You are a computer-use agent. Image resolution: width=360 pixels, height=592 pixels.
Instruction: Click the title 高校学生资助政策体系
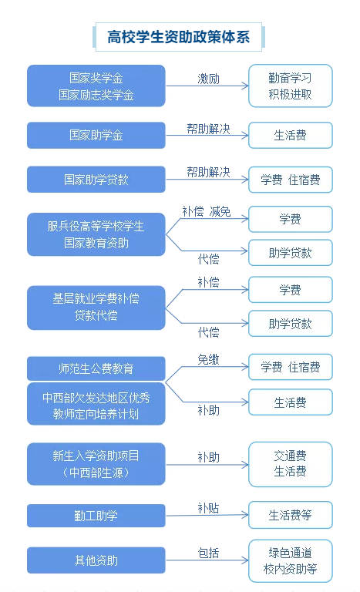[x=178, y=37]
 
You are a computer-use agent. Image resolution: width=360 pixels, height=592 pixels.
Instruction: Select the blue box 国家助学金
[x=96, y=135]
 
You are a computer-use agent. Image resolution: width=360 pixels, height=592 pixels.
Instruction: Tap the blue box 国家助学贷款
[x=96, y=180]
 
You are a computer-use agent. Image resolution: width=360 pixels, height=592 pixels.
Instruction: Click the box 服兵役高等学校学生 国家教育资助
[x=96, y=234]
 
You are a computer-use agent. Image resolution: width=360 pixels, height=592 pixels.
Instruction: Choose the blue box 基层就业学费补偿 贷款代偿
[x=96, y=308]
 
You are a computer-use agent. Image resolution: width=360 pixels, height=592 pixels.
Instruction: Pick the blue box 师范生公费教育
[x=96, y=368]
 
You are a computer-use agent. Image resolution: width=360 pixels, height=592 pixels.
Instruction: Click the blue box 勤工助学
[x=96, y=516]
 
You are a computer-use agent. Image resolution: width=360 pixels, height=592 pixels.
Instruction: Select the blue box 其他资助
[x=96, y=560]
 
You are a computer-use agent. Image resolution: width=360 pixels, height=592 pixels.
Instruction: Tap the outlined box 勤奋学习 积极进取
[x=290, y=86]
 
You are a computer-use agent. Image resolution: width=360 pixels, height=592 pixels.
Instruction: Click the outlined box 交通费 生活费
[x=290, y=464]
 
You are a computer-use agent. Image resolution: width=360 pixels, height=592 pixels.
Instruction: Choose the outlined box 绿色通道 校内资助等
[x=290, y=560]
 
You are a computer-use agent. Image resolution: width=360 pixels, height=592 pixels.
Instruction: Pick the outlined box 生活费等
[x=290, y=515]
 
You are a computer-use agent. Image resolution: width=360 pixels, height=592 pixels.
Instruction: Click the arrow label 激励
[x=208, y=79]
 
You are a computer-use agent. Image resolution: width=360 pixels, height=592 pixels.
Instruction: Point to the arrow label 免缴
[x=208, y=359]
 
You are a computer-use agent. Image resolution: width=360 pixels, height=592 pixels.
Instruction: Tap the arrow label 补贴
[x=208, y=508]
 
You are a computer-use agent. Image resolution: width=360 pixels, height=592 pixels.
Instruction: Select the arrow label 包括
[x=208, y=553]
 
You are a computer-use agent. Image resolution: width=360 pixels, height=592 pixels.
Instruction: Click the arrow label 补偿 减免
[x=207, y=211]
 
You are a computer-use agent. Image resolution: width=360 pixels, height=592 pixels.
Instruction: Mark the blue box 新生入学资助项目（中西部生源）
[x=96, y=464]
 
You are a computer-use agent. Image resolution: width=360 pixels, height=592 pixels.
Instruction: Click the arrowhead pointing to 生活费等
[x=245, y=515]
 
